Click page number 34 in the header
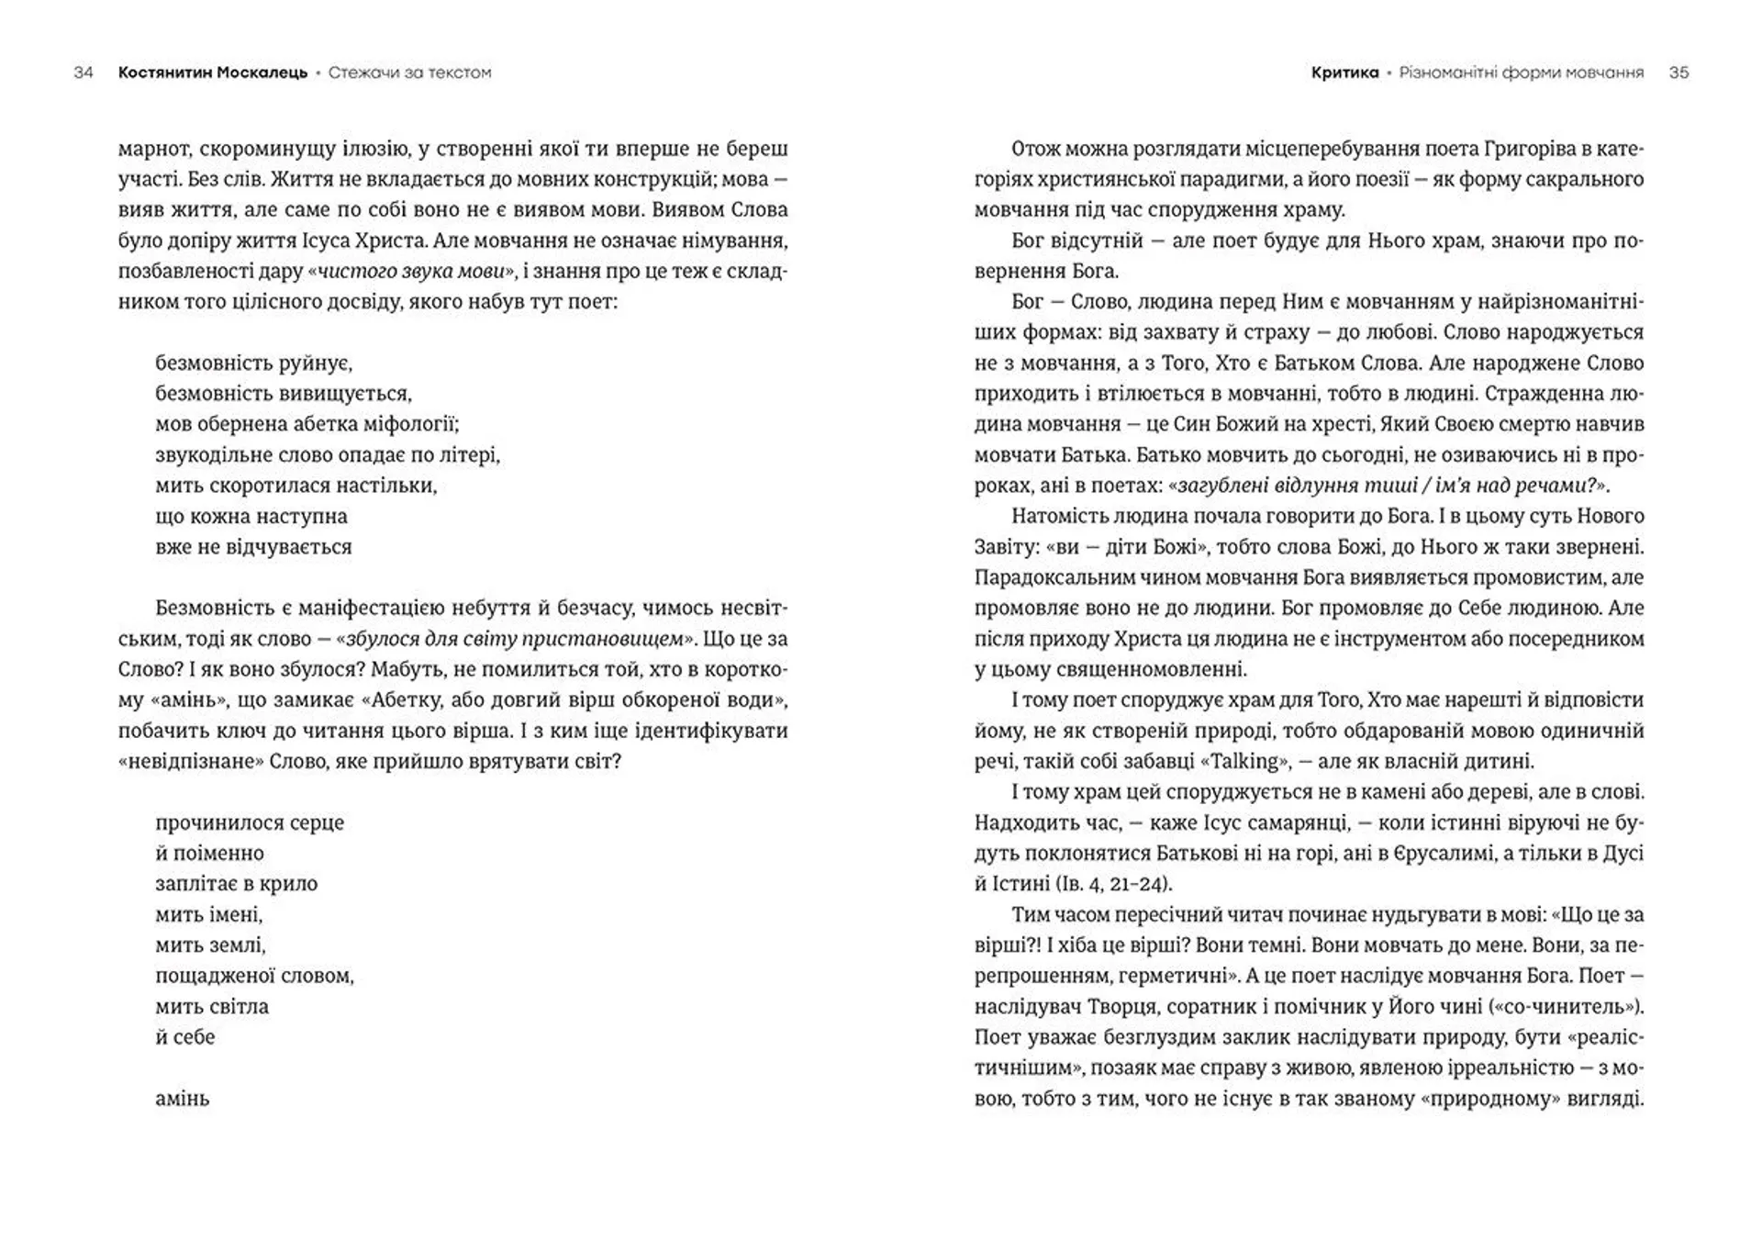pos(84,73)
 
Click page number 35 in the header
pos(1678,73)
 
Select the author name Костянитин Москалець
pos(212,73)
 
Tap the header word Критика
pos(1344,73)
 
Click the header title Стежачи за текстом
pos(409,73)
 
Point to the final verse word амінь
pos(183,1099)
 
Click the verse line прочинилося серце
pos(250,822)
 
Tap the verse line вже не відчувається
pos(253,547)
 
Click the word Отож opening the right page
pos(1035,149)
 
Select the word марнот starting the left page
pos(152,149)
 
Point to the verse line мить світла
pos(212,1006)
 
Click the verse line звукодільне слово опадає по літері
pos(328,455)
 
